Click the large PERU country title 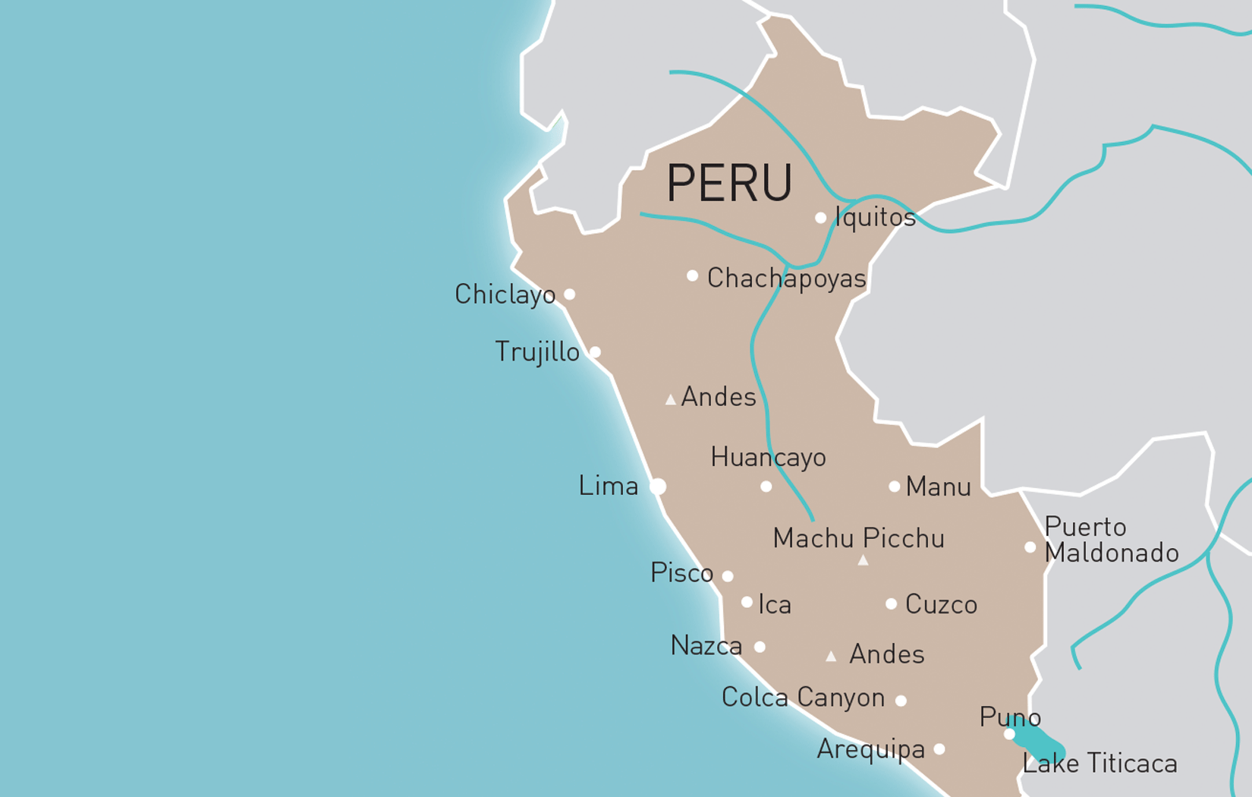click(x=728, y=183)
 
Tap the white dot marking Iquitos click(x=820, y=218)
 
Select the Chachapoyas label click(x=786, y=279)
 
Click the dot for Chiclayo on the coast click(x=569, y=295)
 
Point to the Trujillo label click(x=536, y=352)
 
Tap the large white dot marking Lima click(x=658, y=487)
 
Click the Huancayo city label click(x=768, y=457)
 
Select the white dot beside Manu click(x=894, y=487)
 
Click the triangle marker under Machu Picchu click(x=863, y=561)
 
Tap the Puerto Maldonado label click(x=1111, y=540)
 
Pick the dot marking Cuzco click(x=891, y=604)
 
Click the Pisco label click(x=681, y=573)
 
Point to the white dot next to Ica click(x=747, y=602)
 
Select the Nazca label click(x=706, y=646)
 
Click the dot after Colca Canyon click(x=901, y=701)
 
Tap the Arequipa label click(x=870, y=750)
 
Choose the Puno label click(x=1009, y=717)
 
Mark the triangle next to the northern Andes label click(x=670, y=399)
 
